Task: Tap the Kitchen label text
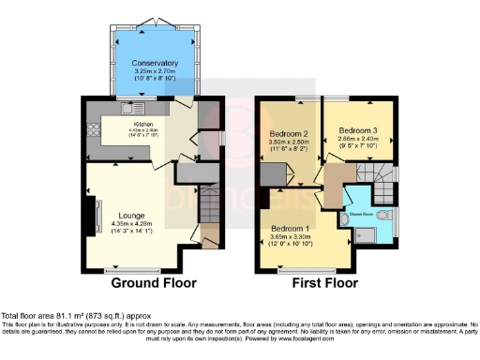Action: click(143, 124)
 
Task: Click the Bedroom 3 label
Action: click(358, 129)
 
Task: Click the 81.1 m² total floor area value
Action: click(71, 316)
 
